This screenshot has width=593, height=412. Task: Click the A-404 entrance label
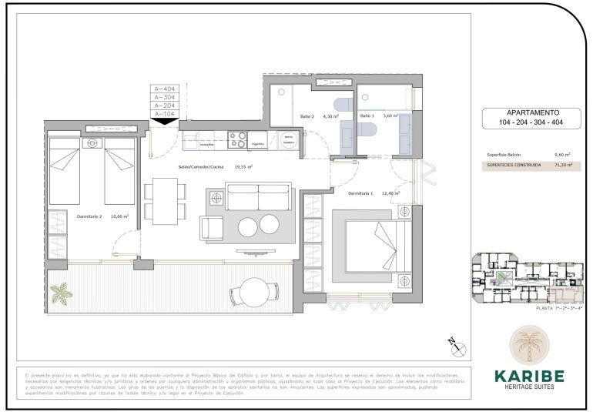click(x=164, y=89)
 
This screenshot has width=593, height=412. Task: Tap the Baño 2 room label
click(x=307, y=116)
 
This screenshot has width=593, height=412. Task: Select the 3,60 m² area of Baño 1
click(x=390, y=116)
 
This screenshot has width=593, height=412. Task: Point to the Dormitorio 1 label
click(x=360, y=193)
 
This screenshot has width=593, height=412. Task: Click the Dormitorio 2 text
click(x=81, y=216)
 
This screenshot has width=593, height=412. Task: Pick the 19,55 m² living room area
click(x=245, y=166)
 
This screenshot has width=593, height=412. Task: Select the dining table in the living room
click(x=163, y=199)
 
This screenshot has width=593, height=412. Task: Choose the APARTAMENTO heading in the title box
click(x=528, y=112)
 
